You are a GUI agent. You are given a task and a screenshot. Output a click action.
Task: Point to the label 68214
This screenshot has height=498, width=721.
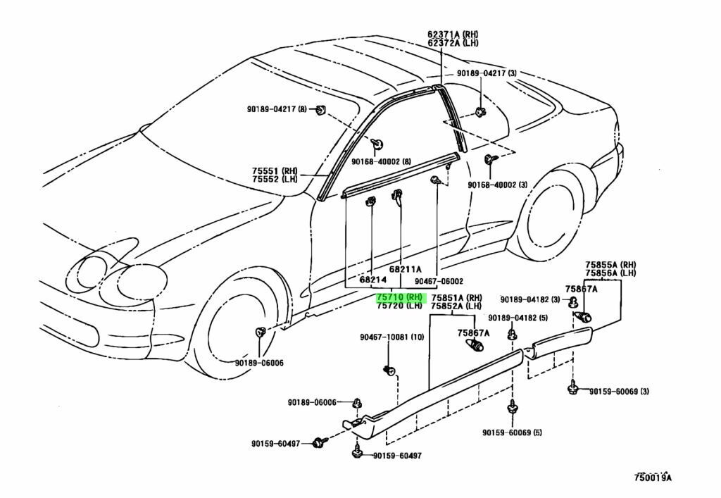[x=372, y=280]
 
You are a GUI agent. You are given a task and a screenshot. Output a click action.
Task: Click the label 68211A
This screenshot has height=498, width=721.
[x=405, y=269]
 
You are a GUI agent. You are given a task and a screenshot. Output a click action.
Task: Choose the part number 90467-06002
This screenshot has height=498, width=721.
[x=439, y=281]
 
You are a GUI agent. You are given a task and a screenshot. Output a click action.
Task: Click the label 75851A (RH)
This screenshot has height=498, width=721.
[x=457, y=297]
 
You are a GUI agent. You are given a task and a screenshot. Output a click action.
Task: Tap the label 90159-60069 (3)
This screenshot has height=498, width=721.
[x=620, y=392]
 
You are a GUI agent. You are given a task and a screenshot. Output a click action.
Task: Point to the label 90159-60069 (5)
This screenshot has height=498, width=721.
[x=513, y=432]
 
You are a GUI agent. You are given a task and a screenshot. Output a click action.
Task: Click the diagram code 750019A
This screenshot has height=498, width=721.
[x=652, y=478]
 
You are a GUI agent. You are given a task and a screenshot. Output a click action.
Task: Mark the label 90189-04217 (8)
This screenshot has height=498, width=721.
[x=277, y=108]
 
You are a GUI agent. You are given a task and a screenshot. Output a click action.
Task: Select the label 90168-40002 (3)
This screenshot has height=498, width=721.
[x=498, y=185]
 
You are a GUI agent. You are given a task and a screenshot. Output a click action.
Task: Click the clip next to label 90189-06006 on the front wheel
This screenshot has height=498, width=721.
[x=260, y=332]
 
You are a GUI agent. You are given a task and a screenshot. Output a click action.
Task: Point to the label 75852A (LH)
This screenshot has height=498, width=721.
[x=457, y=306]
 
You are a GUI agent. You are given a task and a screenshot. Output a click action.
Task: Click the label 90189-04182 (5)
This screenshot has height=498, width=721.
[x=518, y=318]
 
